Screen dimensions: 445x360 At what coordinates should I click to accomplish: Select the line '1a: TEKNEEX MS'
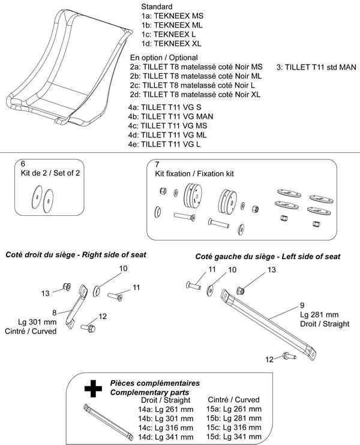click(x=164, y=17)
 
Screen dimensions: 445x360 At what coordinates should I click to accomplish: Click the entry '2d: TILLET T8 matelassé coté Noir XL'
click(x=196, y=95)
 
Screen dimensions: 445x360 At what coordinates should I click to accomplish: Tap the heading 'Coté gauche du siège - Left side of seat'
click(x=268, y=256)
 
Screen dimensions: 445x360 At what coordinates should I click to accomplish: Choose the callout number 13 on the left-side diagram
click(x=271, y=270)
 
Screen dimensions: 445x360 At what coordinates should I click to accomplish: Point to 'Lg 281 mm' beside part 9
click(x=319, y=314)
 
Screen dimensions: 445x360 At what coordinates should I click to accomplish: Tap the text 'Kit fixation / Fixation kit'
click(x=191, y=173)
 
